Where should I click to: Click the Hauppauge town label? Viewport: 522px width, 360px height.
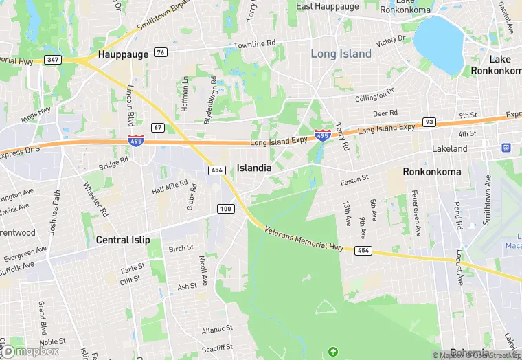click(x=123, y=54)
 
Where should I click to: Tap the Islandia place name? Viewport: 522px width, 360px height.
click(x=254, y=168)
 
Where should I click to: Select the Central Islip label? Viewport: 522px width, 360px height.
click(x=123, y=240)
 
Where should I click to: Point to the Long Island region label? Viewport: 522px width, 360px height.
click(x=341, y=54)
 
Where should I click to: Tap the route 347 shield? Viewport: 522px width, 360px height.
click(x=52, y=60)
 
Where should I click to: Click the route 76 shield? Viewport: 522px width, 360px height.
click(x=161, y=52)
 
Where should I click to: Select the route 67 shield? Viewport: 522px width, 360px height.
click(x=158, y=127)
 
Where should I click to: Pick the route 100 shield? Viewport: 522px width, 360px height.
click(x=225, y=208)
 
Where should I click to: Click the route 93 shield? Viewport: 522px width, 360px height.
click(x=429, y=122)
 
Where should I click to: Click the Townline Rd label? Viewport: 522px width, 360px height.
click(x=254, y=43)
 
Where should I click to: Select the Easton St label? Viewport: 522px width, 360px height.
click(x=355, y=180)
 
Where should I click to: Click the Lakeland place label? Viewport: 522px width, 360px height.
click(x=449, y=148)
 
